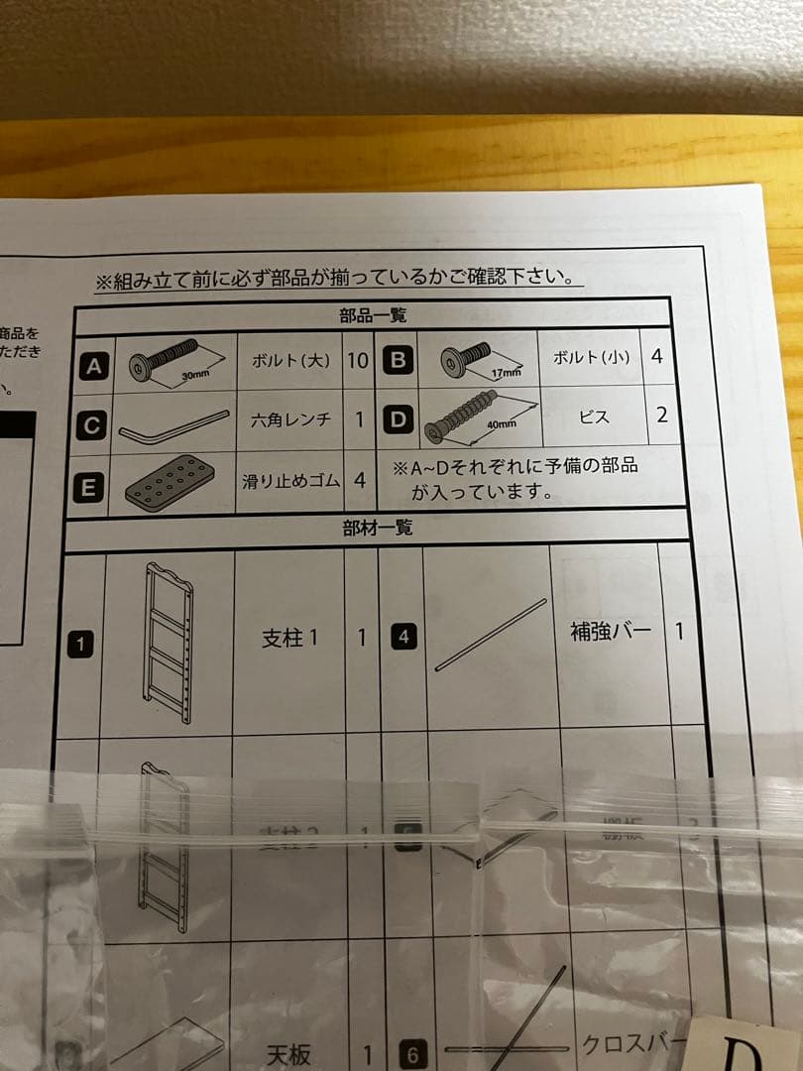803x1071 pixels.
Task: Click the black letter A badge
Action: tap(94, 366)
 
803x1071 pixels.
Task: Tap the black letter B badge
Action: tap(397, 360)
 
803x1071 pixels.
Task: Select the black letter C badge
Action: tap(92, 425)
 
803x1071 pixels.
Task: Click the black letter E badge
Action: tap(88, 487)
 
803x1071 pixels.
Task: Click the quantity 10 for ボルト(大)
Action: tap(357, 360)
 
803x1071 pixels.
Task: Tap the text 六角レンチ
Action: tap(290, 420)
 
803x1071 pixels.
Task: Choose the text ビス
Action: tap(593, 417)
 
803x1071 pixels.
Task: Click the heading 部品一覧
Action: tap(372, 316)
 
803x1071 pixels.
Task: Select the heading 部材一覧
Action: tap(376, 529)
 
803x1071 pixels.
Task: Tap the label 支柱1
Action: tap(289, 637)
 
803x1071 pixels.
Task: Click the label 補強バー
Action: tap(611, 632)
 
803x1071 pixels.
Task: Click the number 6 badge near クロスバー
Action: tap(412, 1055)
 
